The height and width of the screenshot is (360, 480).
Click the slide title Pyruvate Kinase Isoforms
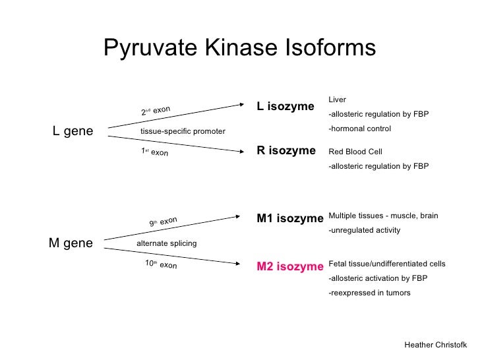pyautogui.click(x=239, y=47)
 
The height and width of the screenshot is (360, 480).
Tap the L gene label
pyautogui.click(x=73, y=131)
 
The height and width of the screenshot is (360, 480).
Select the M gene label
pyautogui.click(x=71, y=243)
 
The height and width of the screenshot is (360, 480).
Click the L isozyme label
pyautogui.click(x=285, y=105)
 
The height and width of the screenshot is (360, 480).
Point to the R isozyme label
pyautogui.click(x=286, y=151)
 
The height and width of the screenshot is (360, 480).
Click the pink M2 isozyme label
pyautogui.click(x=290, y=266)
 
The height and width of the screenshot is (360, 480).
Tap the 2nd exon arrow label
pyautogui.click(x=156, y=110)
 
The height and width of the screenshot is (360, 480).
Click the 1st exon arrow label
pyautogui.click(x=155, y=152)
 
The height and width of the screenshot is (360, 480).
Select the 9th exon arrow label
pyautogui.click(x=162, y=222)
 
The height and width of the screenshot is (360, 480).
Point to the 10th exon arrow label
pyautogui.click(x=161, y=264)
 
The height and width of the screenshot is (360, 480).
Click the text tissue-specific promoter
pyautogui.click(x=183, y=132)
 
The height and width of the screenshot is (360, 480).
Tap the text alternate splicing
pyautogui.click(x=166, y=244)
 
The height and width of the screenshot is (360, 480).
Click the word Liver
pyautogui.click(x=337, y=100)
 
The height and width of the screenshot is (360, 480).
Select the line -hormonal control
pyautogui.click(x=359, y=129)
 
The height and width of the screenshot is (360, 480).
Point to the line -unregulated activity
pyautogui.click(x=364, y=231)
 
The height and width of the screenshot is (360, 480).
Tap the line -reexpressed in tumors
pyautogui.click(x=369, y=293)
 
